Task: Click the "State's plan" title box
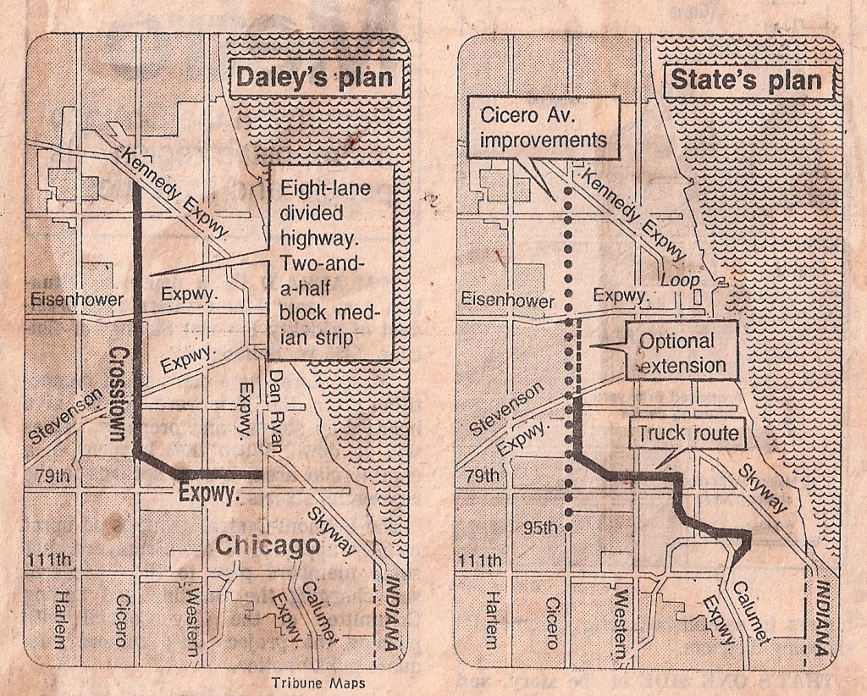coord(746,80)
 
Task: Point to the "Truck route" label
coord(688,434)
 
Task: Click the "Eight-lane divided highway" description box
coord(328,262)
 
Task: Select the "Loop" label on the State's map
coord(679,279)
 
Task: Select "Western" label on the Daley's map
coord(194,618)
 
